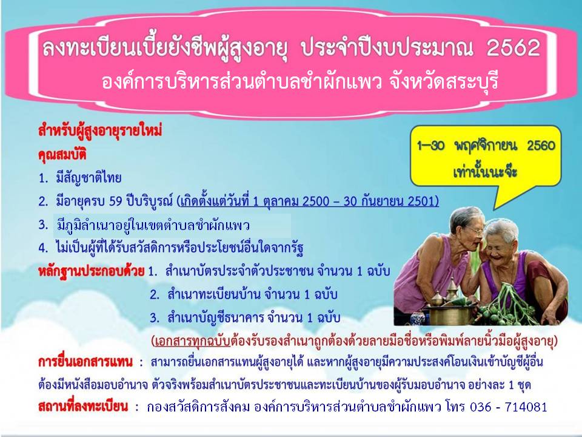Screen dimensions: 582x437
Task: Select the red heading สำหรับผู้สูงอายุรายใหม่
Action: (100, 132)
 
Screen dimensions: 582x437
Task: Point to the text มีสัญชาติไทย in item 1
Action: (89, 178)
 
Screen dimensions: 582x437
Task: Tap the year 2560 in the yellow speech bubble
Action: (541, 145)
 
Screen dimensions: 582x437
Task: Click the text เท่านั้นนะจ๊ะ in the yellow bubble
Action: (485, 171)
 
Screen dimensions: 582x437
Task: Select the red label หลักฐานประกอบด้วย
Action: (91, 271)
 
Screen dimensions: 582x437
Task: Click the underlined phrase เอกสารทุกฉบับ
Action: (192, 341)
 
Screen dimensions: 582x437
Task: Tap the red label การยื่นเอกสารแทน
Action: (85, 362)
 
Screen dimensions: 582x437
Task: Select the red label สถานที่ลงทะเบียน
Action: (83, 407)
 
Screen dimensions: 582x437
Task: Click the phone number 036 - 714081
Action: (509, 407)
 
